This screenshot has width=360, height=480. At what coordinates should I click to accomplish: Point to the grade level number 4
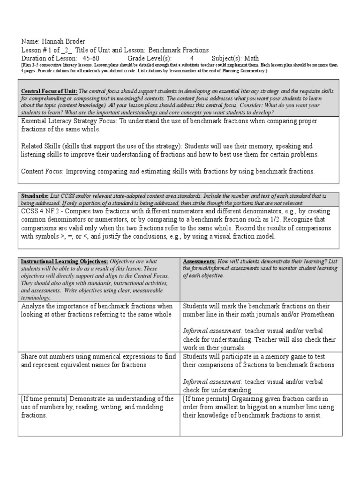tap(192, 58)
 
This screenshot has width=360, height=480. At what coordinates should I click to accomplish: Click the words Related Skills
tap(42, 146)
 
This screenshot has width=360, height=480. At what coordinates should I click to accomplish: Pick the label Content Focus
tap(42, 172)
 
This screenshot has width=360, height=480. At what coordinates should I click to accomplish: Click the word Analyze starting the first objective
tap(34, 306)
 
